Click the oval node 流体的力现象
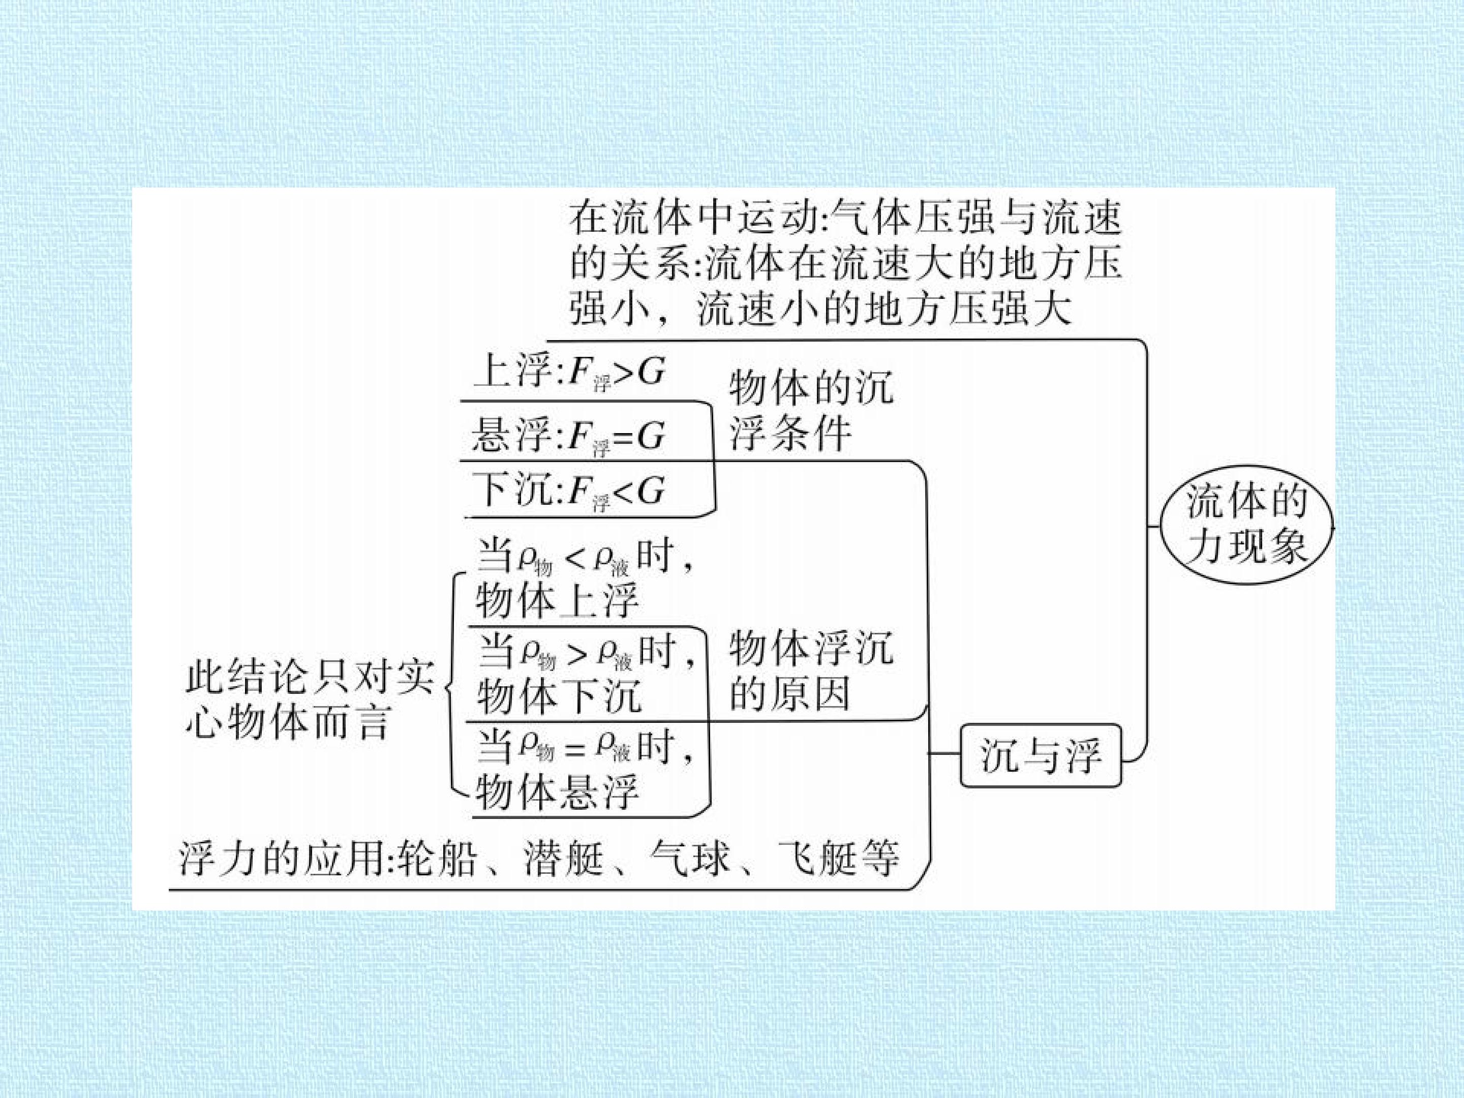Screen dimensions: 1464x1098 click(1247, 524)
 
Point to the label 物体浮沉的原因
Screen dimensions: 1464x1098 click(811, 670)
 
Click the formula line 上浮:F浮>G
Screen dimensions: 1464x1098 click(569, 372)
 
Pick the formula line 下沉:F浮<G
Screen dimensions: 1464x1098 click(569, 492)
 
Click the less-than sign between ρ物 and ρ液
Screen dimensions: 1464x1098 click(575, 561)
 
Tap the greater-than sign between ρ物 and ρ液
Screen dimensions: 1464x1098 click(576, 654)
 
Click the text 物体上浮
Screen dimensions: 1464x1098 click(557, 600)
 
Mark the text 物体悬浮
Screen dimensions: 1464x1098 click(557, 791)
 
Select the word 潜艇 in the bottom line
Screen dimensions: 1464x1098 click(564, 859)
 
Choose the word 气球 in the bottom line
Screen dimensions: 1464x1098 click(690, 859)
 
